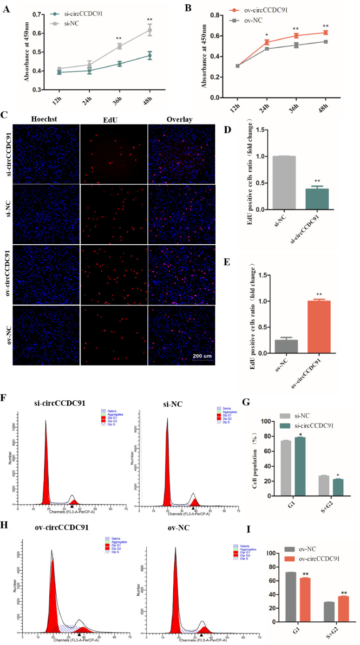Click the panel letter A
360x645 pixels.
pyautogui.click(x=6, y=8)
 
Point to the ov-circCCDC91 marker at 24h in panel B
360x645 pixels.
pyautogui.click(x=254, y=42)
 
